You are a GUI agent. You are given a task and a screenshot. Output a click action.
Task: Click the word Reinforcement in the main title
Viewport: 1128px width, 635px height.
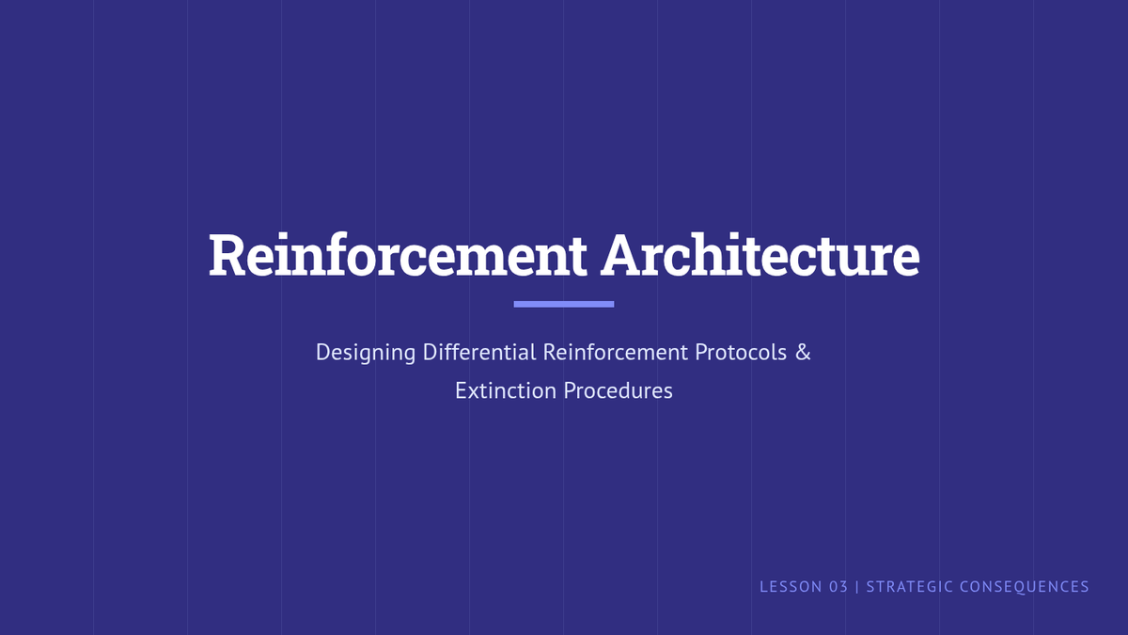click(x=398, y=255)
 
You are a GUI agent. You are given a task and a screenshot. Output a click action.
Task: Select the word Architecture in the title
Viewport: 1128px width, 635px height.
click(x=760, y=255)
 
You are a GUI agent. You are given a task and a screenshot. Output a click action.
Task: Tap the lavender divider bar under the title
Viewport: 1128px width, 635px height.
click(x=563, y=304)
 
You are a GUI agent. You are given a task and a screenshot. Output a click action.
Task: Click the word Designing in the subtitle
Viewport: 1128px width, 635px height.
click(x=366, y=352)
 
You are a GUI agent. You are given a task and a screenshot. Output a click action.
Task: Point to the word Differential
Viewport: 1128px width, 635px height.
click(x=479, y=352)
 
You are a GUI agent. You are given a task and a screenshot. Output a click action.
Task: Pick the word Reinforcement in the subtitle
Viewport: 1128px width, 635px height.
click(x=616, y=352)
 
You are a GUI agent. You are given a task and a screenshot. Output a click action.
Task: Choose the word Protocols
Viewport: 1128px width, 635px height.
click(x=741, y=352)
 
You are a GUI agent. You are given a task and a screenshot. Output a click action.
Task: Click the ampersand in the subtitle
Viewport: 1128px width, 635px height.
click(x=803, y=352)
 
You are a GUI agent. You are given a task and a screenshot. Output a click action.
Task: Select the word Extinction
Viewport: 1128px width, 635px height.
click(x=506, y=391)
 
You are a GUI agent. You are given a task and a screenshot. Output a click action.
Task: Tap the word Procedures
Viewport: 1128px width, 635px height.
click(x=618, y=391)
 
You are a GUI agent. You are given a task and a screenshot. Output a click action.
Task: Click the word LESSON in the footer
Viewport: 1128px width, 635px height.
click(x=791, y=587)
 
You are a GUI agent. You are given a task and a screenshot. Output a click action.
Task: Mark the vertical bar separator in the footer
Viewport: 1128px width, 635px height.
click(x=857, y=587)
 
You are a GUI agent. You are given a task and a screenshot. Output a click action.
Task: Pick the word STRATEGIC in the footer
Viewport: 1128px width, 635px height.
click(x=910, y=587)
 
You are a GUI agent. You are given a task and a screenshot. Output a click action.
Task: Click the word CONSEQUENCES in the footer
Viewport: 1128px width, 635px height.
click(x=1025, y=587)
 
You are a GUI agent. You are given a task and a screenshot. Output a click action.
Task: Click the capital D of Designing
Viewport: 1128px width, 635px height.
click(x=322, y=352)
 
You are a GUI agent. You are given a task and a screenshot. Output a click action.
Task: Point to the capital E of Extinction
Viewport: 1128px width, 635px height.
click(x=461, y=391)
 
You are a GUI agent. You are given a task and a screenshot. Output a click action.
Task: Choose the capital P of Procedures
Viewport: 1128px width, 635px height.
click(x=570, y=391)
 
